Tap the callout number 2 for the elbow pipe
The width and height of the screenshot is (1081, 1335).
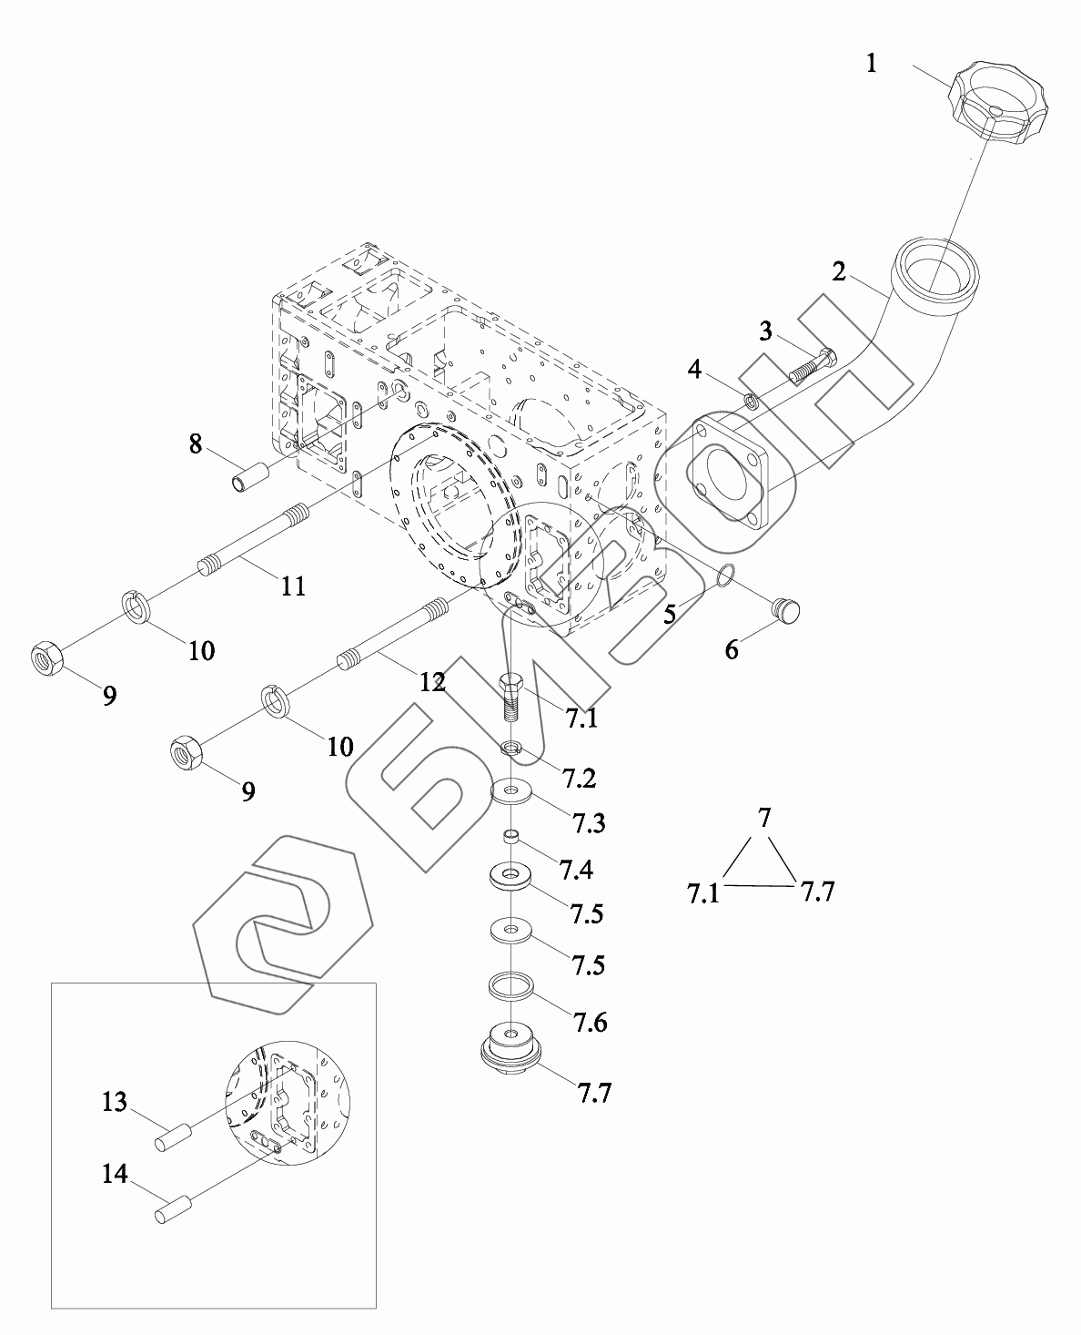[839, 270]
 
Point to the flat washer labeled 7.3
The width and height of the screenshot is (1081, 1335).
[512, 791]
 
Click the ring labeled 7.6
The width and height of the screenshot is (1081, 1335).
[510, 985]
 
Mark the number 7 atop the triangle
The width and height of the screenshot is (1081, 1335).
[764, 819]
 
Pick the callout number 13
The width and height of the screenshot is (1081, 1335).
[114, 1103]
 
